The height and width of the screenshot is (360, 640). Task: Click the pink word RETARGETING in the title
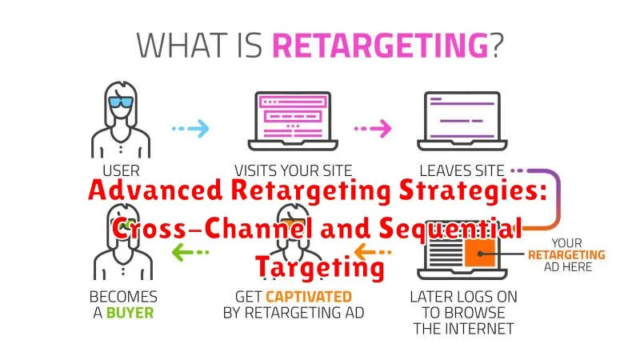pos(381,45)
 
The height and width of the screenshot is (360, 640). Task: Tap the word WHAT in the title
pos(182,45)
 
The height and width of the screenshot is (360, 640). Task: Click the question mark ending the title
pos(496,45)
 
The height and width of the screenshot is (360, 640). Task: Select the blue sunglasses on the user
pos(121,102)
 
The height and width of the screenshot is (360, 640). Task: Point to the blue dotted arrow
pos(190,129)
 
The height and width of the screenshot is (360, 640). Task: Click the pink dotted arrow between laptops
pos(373,129)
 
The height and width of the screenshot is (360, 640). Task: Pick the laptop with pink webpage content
pos(293,122)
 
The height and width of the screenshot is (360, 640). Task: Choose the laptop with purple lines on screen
pos(462,122)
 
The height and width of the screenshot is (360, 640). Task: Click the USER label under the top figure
pos(122,170)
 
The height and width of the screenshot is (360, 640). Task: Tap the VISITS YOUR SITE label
pos(293,170)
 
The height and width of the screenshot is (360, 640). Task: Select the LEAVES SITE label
pos(462,170)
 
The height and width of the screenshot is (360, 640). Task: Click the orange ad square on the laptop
pos(480,253)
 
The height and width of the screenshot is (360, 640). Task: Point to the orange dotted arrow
pos(373,252)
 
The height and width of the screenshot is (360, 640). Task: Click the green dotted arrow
pos(190,252)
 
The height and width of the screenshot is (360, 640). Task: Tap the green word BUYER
pos(130,313)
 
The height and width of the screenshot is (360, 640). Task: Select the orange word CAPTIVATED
pos(309,297)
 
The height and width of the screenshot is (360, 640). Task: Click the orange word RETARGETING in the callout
pos(566,255)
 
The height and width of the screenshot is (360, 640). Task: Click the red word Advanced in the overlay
pos(155,190)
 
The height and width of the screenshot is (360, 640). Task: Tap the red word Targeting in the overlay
pos(321,267)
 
